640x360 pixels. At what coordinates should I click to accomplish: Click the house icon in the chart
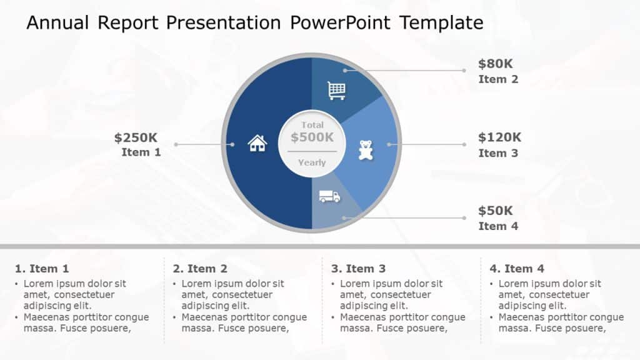pyautogui.click(x=257, y=143)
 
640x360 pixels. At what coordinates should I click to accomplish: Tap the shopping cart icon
pyautogui.click(x=336, y=91)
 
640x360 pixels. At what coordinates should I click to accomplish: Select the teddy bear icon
pyautogui.click(x=365, y=150)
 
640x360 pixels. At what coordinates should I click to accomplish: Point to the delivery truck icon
pyautogui.click(x=329, y=197)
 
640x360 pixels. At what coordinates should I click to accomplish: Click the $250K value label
pyautogui.click(x=136, y=137)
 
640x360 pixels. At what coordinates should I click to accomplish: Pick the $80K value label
pyautogui.click(x=495, y=63)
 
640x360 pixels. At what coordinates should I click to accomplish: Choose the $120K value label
pyautogui.click(x=499, y=137)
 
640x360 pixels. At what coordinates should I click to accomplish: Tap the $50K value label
pyautogui.click(x=495, y=211)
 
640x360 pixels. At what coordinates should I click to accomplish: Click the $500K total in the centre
pyautogui.click(x=312, y=137)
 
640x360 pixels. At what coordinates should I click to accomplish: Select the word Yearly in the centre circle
pyautogui.click(x=312, y=162)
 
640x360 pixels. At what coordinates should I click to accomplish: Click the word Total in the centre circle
pyautogui.click(x=312, y=125)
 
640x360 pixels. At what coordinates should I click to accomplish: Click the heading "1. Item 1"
pyautogui.click(x=42, y=269)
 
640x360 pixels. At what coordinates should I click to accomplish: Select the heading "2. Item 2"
pyautogui.click(x=200, y=269)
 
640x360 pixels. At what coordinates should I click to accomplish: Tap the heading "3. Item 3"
pyautogui.click(x=358, y=269)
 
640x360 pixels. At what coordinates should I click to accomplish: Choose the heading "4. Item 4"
pyautogui.click(x=517, y=269)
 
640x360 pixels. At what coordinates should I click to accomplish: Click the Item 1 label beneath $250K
pyautogui.click(x=141, y=152)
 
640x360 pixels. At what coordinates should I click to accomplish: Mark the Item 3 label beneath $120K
pyautogui.click(x=498, y=153)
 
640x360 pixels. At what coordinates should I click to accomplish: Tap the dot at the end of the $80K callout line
pyautogui.click(x=464, y=71)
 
